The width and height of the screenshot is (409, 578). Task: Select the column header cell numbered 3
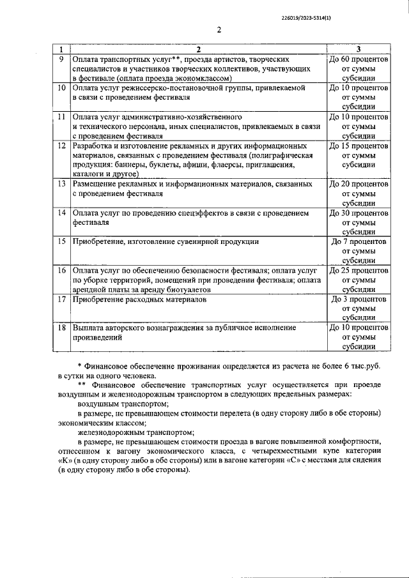pyautogui.click(x=358, y=49)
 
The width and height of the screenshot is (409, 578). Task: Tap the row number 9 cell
pyautogui.click(x=60, y=59)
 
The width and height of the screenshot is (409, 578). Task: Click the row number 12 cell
pyautogui.click(x=60, y=146)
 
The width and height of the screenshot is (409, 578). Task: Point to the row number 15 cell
pyautogui.click(x=60, y=241)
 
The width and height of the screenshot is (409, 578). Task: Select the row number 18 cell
pyautogui.click(x=60, y=328)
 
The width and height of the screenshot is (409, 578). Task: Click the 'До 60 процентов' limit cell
pyautogui.click(x=358, y=68)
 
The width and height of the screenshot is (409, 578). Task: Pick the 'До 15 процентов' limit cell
pyautogui.click(x=358, y=155)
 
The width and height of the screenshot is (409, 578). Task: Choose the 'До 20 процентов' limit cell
pyautogui.click(x=358, y=193)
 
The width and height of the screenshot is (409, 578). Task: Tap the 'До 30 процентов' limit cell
pyautogui.click(x=358, y=222)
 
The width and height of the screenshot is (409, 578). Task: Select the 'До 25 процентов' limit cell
pyautogui.click(x=358, y=280)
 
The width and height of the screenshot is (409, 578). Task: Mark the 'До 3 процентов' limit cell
pyautogui.click(x=358, y=308)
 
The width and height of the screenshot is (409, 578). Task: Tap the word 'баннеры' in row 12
pyautogui.click(x=128, y=164)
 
